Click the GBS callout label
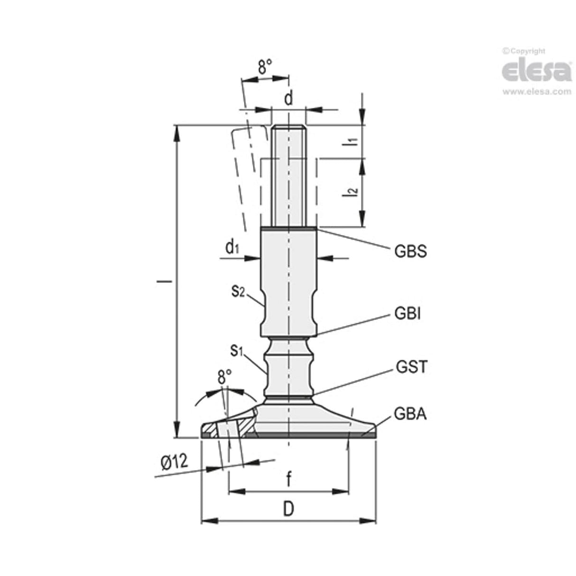[x=410, y=251]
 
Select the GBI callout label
[x=408, y=314]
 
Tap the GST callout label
[x=411, y=367]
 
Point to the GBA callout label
[x=410, y=414]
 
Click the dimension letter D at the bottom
[x=288, y=509]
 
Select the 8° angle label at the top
[x=265, y=67]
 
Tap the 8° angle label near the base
[x=224, y=378]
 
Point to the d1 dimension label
[x=232, y=247]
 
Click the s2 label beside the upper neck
[x=238, y=291]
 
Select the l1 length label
[x=352, y=141]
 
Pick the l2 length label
[x=352, y=192]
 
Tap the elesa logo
[x=536, y=71]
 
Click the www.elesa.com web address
[x=537, y=92]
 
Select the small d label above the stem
[x=288, y=99]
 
